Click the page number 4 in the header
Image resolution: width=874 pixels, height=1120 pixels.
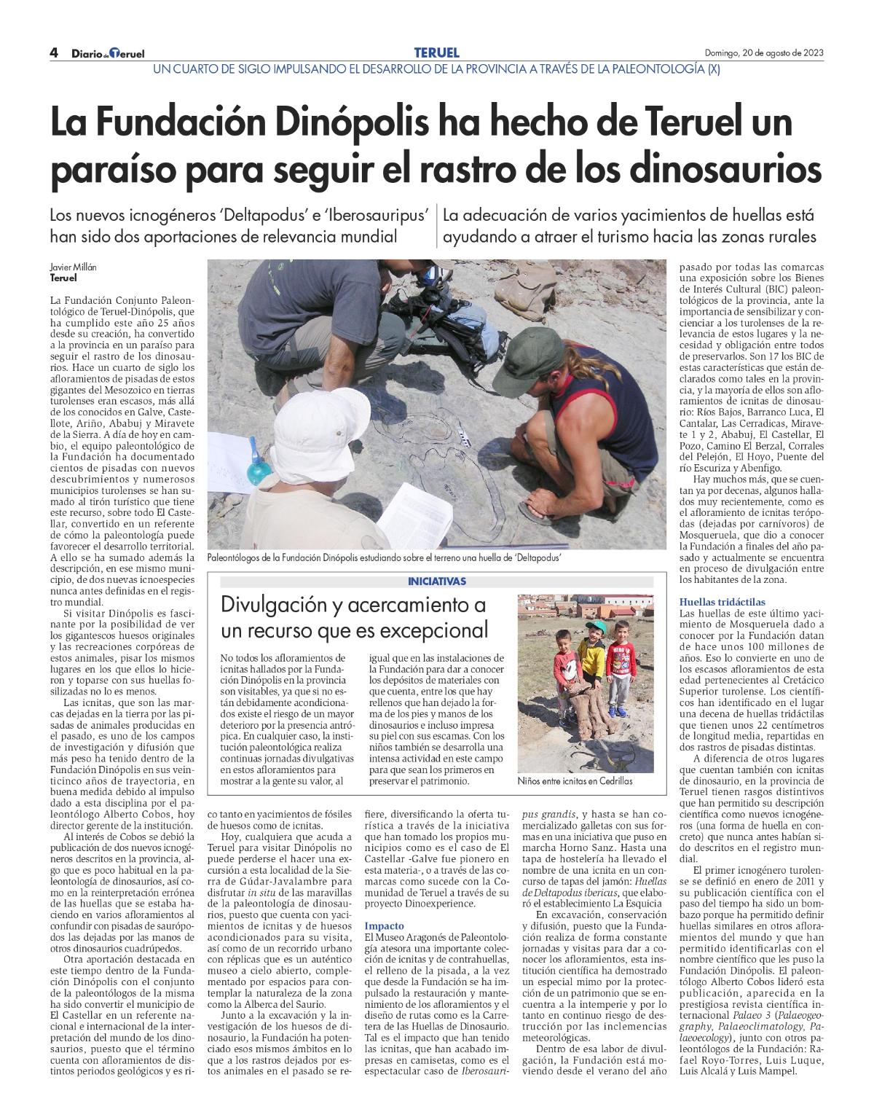54,52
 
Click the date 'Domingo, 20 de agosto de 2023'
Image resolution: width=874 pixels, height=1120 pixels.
764,53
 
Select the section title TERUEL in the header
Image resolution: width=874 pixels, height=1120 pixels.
436,52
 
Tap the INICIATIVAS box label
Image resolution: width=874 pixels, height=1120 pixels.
437,581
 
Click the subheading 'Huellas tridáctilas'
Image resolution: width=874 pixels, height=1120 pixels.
712,603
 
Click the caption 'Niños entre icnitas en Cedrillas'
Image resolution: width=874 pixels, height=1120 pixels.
575,781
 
